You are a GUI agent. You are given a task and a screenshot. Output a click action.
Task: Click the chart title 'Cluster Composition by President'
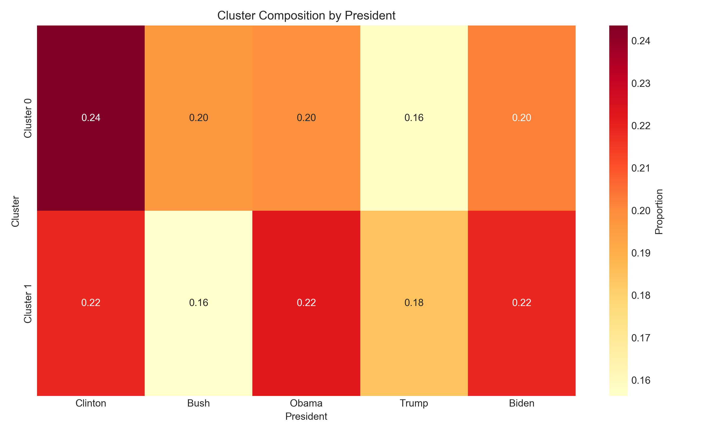click(x=306, y=15)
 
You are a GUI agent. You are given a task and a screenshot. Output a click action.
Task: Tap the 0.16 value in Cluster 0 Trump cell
click(x=414, y=118)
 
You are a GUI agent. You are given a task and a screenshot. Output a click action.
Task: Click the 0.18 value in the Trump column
click(x=414, y=303)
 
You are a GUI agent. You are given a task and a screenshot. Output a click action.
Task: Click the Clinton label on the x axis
click(x=91, y=403)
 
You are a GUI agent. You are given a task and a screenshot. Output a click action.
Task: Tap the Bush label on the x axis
click(x=199, y=403)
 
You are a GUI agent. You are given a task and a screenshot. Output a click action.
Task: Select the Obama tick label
click(x=306, y=403)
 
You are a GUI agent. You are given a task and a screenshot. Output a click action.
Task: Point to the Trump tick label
click(x=414, y=403)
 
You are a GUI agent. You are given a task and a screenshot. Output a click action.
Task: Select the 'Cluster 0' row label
click(x=28, y=118)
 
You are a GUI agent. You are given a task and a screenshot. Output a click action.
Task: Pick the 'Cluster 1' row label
click(x=28, y=303)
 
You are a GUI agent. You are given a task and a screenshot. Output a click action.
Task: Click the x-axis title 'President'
click(x=306, y=416)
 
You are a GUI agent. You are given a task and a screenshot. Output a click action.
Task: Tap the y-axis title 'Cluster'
click(x=15, y=211)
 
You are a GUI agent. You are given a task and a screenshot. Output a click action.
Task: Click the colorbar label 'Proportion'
click(x=659, y=211)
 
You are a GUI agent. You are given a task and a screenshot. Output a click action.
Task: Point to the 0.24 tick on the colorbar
click(x=640, y=41)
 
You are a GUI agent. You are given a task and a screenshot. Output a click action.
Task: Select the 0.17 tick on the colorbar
click(x=640, y=338)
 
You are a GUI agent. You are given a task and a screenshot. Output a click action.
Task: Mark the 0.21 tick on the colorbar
click(x=640, y=168)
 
